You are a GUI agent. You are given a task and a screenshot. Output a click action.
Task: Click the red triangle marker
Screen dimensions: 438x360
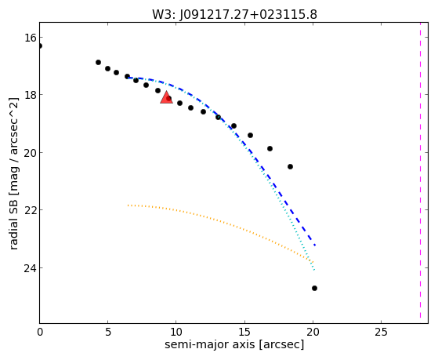pos(166,97)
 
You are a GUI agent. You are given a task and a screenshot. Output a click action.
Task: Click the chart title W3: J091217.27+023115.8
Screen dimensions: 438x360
pos(234,15)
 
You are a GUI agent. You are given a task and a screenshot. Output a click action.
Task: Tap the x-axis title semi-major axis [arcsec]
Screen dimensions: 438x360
pos(234,344)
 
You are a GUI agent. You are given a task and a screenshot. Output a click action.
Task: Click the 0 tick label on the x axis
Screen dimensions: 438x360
pos(40,332)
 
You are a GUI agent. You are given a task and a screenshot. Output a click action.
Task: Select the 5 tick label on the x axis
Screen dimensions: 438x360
pos(108,332)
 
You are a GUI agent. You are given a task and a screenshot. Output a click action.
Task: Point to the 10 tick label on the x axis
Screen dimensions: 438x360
pos(176,332)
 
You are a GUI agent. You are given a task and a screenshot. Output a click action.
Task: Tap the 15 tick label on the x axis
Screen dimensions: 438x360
pos(244,332)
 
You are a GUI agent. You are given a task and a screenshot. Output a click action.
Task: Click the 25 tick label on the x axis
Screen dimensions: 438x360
pos(382,332)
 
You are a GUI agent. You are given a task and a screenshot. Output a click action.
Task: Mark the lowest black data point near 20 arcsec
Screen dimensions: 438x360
pos(314,288)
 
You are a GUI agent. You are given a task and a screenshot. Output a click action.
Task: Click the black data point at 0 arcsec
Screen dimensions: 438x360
pos(40,45)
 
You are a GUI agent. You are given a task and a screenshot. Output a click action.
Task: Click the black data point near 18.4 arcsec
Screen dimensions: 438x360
pos(290,167)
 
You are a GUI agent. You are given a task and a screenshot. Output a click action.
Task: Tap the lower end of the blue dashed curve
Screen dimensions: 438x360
pos(315,245)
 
